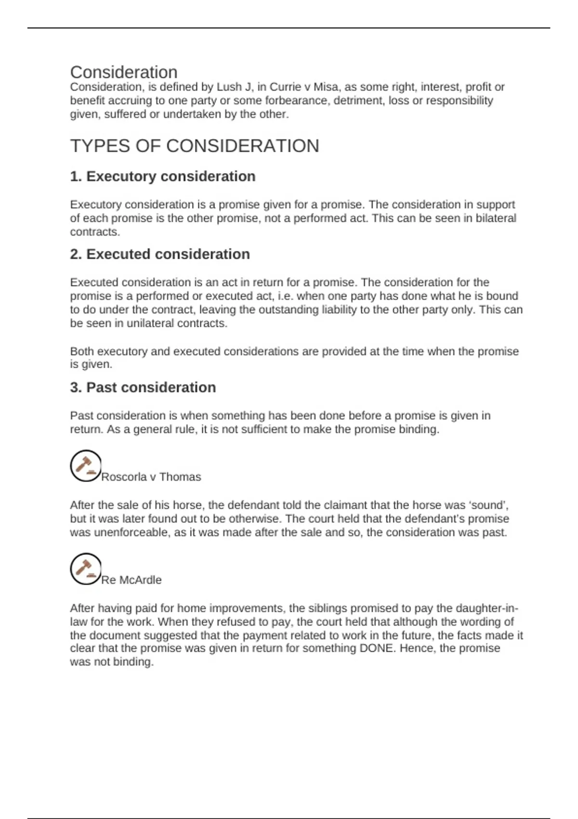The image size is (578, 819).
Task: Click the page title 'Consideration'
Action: (x=124, y=72)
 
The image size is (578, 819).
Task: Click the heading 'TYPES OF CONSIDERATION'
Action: (x=195, y=146)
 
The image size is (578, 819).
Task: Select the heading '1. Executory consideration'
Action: (x=163, y=176)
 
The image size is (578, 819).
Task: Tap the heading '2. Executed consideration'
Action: (x=160, y=254)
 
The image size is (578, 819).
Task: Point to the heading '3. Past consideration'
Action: (x=143, y=387)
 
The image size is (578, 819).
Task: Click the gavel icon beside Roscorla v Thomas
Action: (x=85, y=466)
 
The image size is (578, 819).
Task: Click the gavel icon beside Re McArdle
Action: (x=85, y=569)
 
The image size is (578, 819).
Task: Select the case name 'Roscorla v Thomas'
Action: (x=151, y=477)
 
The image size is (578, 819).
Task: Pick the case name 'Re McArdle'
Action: (x=131, y=580)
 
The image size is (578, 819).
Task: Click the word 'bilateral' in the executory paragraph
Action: (x=496, y=218)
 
